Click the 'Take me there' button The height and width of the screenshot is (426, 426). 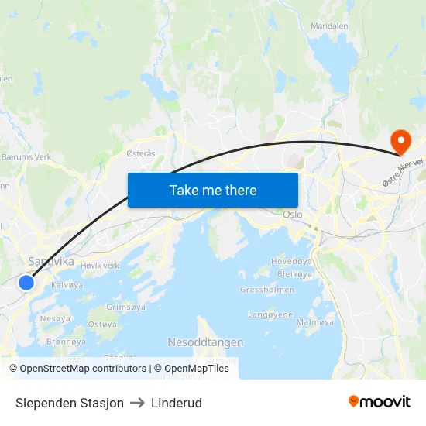pyautogui.click(x=213, y=190)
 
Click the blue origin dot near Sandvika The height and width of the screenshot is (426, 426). pyautogui.click(x=26, y=283)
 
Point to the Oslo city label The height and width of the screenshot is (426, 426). pyautogui.click(x=293, y=215)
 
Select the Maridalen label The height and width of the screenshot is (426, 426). pyautogui.click(x=330, y=26)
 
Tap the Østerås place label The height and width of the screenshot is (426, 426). pyautogui.click(x=141, y=153)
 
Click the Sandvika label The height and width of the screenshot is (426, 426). pyautogui.click(x=51, y=262)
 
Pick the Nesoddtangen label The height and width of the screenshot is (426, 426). pyautogui.click(x=205, y=342)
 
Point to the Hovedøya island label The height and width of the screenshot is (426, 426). pyautogui.click(x=291, y=262)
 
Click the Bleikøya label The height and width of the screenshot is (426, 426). pyautogui.click(x=294, y=274)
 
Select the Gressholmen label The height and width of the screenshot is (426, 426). pyautogui.click(x=267, y=290)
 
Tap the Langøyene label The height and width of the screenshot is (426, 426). pyautogui.click(x=270, y=314)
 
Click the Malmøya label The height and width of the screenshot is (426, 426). pyautogui.click(x=315, y=321)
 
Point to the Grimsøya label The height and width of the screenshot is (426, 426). pyautogui.click(x=125, y=307)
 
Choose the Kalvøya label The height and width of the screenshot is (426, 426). pyautogui.click(x=67, y=285)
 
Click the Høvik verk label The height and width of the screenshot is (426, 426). pyautogui.click(x=100, y=266)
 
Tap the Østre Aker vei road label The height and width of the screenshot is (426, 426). pyautogui.click(x=404, y=171)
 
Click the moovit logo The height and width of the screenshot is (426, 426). pyautogui.click(x=380, y=401)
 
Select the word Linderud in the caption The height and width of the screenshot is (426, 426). pyautogui.click(x=177, y=403)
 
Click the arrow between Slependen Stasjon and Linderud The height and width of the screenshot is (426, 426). pyautogui.click(x=137, y=403)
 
